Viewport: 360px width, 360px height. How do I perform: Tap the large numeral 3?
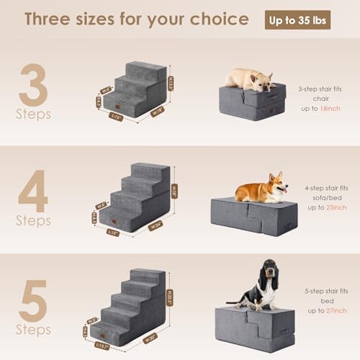33,86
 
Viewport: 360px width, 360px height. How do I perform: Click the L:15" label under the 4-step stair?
113,232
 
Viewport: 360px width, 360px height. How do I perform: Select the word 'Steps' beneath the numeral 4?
34,221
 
